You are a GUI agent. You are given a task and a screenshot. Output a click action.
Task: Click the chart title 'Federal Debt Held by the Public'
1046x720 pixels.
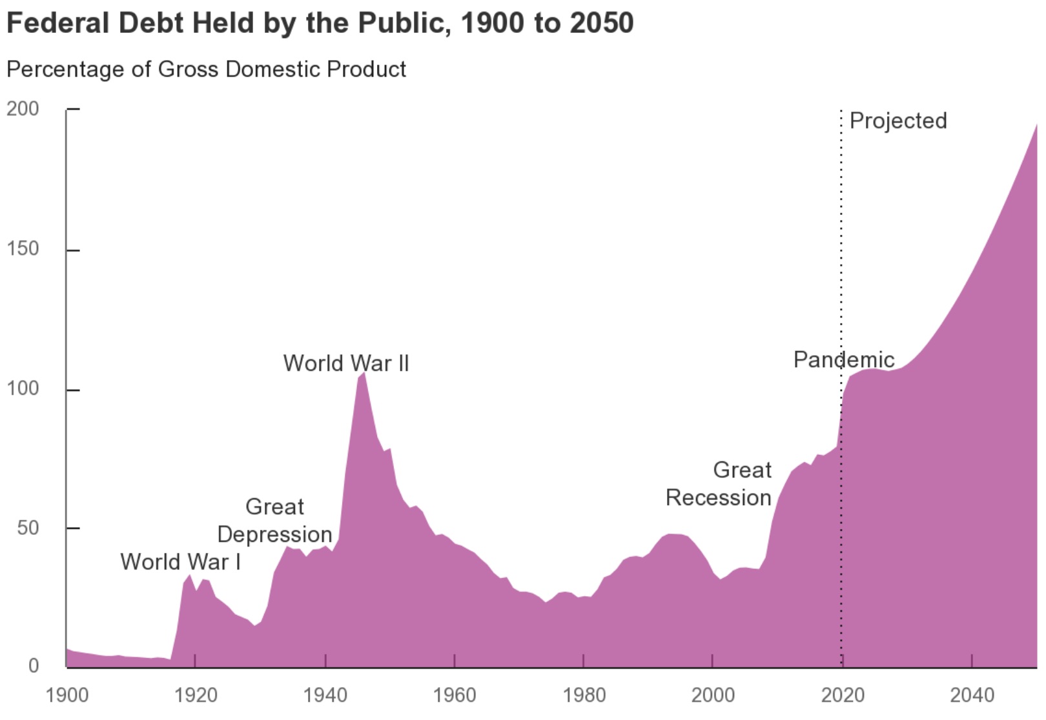(x=320, y=23)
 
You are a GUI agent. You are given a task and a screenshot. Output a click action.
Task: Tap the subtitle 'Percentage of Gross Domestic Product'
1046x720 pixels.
(x=206, y=69)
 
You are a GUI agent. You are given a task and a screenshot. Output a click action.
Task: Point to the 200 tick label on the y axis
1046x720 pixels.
(x=23, y=108)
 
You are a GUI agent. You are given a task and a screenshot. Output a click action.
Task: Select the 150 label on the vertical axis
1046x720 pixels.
(x=23, y=248)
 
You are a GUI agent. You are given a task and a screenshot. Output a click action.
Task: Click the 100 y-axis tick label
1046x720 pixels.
(x=23, y=388)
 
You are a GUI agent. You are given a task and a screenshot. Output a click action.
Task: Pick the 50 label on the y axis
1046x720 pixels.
(x=28, y=528)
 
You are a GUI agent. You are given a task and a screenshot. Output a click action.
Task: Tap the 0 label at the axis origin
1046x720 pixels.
(x=34, y=666)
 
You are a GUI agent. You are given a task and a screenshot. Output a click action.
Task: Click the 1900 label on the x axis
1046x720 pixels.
(x=67, y=695)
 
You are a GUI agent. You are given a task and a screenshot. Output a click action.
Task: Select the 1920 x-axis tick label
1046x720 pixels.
(x=196, y=695)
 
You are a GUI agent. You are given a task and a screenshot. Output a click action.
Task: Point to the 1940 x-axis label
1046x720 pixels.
(x=325, y=695)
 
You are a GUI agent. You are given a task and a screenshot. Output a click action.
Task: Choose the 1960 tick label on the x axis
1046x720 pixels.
(x=455, y=695)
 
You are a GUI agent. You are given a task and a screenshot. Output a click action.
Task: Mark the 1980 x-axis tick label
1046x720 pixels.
(x=584, y=695)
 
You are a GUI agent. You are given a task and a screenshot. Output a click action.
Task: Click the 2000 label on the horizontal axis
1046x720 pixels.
(x=713, y=695)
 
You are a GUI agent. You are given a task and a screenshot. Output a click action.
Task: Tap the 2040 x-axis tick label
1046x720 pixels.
(x=972, y=695)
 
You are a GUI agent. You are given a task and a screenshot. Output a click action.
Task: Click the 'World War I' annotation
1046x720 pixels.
(x=180, y=562)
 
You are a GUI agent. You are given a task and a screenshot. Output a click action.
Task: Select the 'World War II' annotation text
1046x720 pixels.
(x=346, y=363)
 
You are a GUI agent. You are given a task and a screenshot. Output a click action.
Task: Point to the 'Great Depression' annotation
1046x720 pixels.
(x=274, y=521)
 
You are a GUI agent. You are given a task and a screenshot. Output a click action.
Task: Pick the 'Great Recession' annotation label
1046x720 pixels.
(x=719, y=484)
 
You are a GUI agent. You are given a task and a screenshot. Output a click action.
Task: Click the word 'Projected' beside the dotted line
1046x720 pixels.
(x=897, y=121)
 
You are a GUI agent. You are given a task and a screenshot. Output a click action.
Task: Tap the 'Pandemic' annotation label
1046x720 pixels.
(x=843, y=359)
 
